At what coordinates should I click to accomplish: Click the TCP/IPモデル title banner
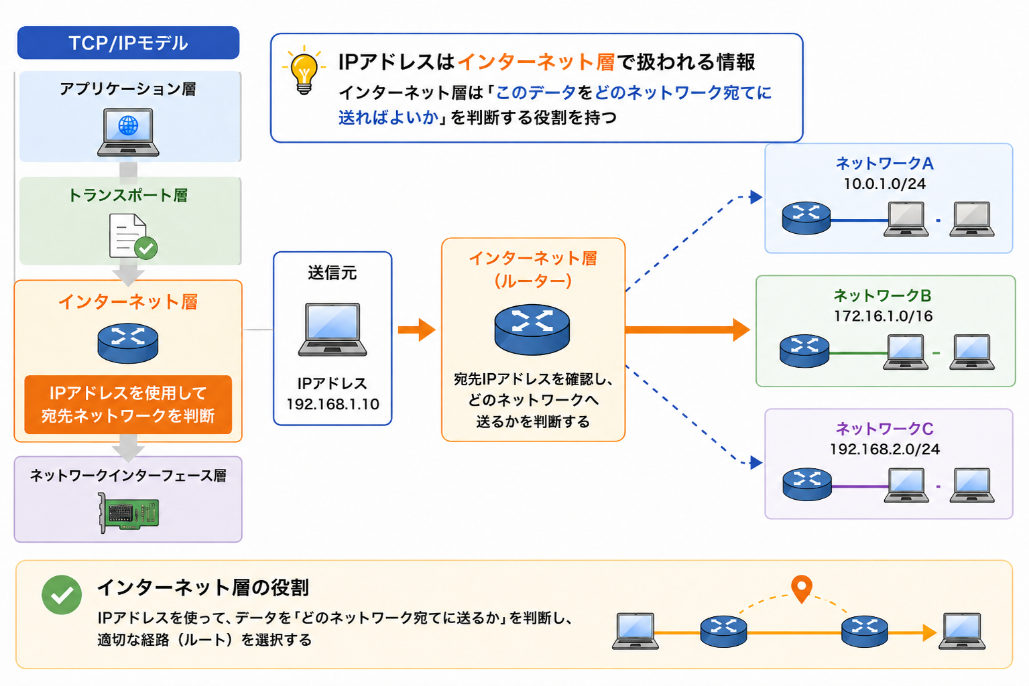click(x=128, y=43)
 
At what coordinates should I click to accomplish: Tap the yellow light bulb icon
click(x=304, y=71)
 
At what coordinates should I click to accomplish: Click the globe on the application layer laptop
click(x=128, y=125)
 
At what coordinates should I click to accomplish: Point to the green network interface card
click(x=129, y=512)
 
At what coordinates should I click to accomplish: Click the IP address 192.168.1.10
click(x=332, y=404)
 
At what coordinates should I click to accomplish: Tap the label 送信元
click(x=332, y=273)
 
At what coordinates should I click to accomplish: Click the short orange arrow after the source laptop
click(x=417, y=330)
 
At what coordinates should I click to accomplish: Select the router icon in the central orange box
click(x=532, y=329)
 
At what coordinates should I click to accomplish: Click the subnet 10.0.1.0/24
click(x=885, y=184)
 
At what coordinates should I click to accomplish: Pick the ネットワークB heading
click(x=882, y=295)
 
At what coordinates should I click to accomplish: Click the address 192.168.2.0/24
click(x=885, y=449)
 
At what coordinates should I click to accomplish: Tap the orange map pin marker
click(x=802, y=589)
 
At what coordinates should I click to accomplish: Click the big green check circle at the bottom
click(x=62, y=595)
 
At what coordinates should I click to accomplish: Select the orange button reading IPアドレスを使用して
click(x=128, y=405)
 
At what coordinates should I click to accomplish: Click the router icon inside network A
click(x=806, y=218)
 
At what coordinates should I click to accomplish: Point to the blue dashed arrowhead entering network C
click(x=756, y=462)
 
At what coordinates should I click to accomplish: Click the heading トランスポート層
click(x=128, y=195)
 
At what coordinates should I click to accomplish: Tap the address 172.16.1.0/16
click(x=883, y=316)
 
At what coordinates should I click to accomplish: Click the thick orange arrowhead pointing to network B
click(x=741, y=330)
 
